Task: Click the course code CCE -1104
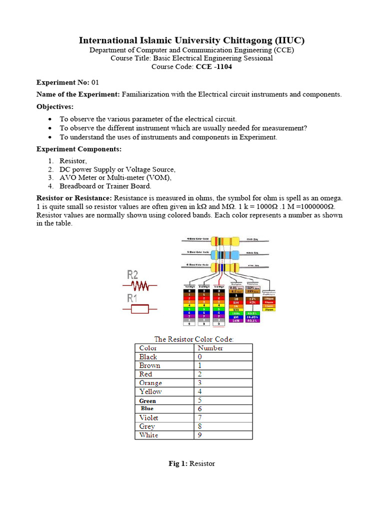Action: click(x=213, y=67)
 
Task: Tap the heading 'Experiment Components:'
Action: click(x=79, y=149)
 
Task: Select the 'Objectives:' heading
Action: click(x=55, y=106)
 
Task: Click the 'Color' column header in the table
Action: click(x=148, y=348)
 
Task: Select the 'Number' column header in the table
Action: click(x=210, y=348)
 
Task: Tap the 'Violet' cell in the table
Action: click(x=149, y=417)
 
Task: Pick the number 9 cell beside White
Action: click(x=200, y=435)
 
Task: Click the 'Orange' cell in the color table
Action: click(x=150, y=383)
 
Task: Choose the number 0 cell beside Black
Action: click(x=200, y=357)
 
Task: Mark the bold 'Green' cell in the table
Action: click(x=147, y=400)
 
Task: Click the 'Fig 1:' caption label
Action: click(x=177, y=463)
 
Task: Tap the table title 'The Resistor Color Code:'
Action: click(x=193, y=339)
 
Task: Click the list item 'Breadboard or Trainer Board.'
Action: click(x=105, y=186)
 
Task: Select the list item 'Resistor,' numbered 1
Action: click(x=73, y=160)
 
